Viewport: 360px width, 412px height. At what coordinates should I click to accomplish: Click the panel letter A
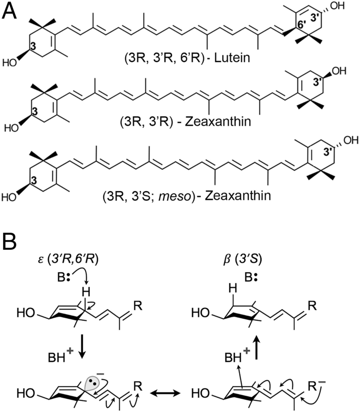pos(10,11)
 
